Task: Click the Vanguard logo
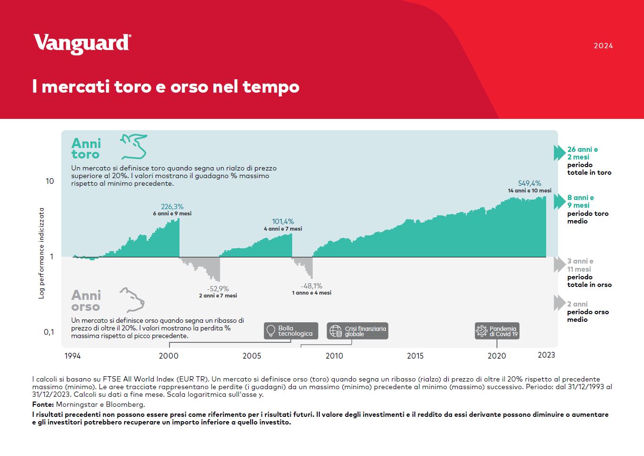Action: click(x=83, y=44)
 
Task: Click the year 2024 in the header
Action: click(x=603, y=46)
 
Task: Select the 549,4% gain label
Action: click(x=529, y=183)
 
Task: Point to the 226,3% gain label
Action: click(x=172, y=206)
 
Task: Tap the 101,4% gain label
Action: click(x=283, y=222)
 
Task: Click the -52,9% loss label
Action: click(x=218, y=288)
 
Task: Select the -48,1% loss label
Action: click(x=311, y=286)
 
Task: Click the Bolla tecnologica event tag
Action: click(x=291, y=331)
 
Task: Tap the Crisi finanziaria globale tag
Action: click(x=358, y=331)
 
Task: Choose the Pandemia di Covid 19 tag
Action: click(x=497, y=331)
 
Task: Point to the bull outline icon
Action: click(x=134, y=146)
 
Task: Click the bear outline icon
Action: click(x=132, y=299)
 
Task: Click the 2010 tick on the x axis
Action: click(x=334, y=356)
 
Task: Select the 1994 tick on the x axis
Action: click(x=73, y=356)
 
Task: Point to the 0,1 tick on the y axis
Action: click(x=49, y=332)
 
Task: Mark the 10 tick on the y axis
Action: click(x=50, y=181)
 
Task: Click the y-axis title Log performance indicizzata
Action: click(x=42, y=253)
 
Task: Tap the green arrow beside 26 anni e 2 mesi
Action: click(x=560, y=153)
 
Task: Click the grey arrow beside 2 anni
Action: click(x=560, y=303)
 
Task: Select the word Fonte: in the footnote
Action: click(x=43, y=404)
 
